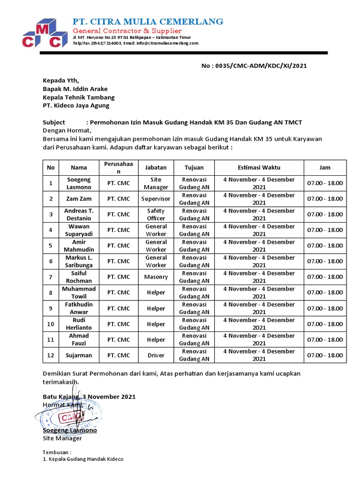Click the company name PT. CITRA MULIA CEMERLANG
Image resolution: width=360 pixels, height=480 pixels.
148,22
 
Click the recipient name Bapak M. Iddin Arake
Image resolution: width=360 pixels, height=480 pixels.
75,89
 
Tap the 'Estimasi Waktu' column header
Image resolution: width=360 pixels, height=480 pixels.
259,167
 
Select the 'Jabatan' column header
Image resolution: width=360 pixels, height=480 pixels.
156,167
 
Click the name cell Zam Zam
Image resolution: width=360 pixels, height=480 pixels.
79,199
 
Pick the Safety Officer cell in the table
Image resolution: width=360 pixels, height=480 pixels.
156,215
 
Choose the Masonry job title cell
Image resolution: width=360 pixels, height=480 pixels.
156,277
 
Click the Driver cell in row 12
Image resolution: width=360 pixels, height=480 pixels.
156,355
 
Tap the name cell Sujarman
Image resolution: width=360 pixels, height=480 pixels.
79,355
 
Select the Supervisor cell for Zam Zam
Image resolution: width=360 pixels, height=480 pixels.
156,199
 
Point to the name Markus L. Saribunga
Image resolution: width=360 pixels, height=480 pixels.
79,261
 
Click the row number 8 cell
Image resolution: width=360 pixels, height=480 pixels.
51,292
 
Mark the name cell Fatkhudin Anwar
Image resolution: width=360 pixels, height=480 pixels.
79,308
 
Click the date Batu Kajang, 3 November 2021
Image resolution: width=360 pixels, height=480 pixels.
89,397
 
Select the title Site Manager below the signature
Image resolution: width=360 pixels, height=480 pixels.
62,438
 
